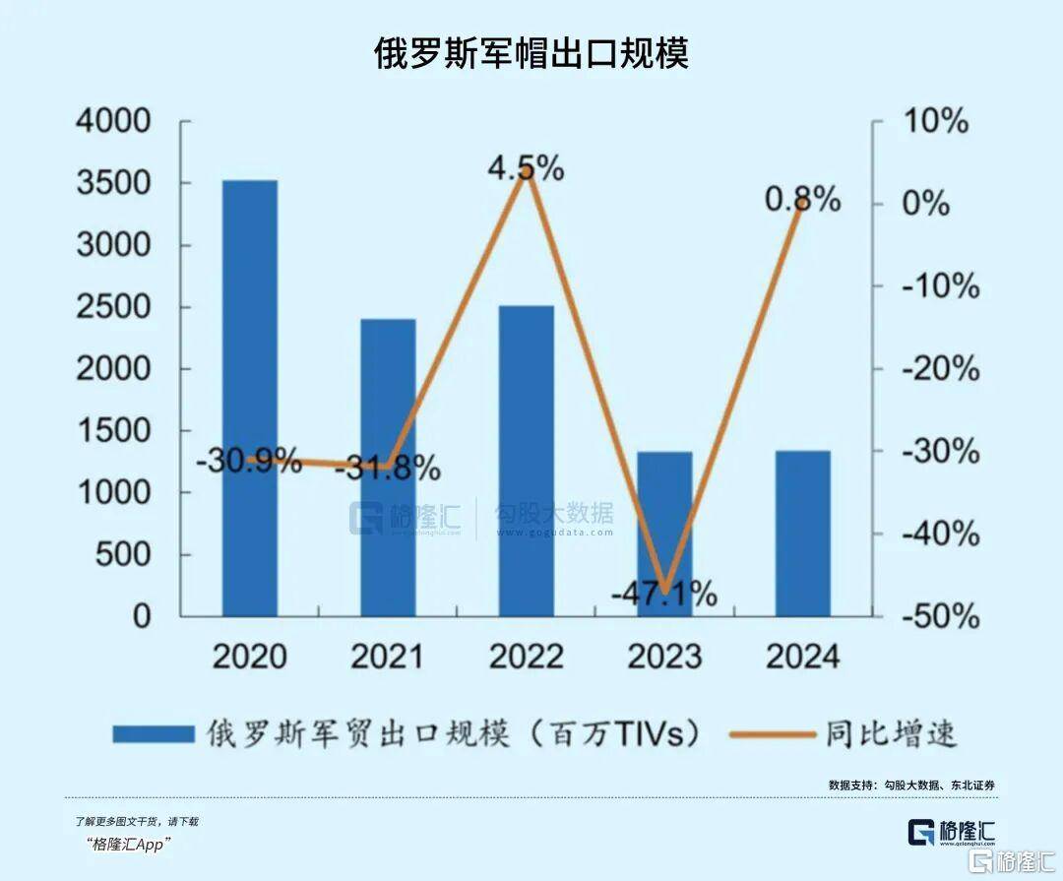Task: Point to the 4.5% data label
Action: point(527,168)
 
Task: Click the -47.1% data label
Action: point(663,595)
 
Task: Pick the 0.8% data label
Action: point(803,200)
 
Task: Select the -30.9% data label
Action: point(248,461)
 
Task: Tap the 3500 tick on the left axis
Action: point(113,183)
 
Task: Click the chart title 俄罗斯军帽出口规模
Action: point(531,53)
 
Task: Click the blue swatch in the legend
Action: point(153,734)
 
